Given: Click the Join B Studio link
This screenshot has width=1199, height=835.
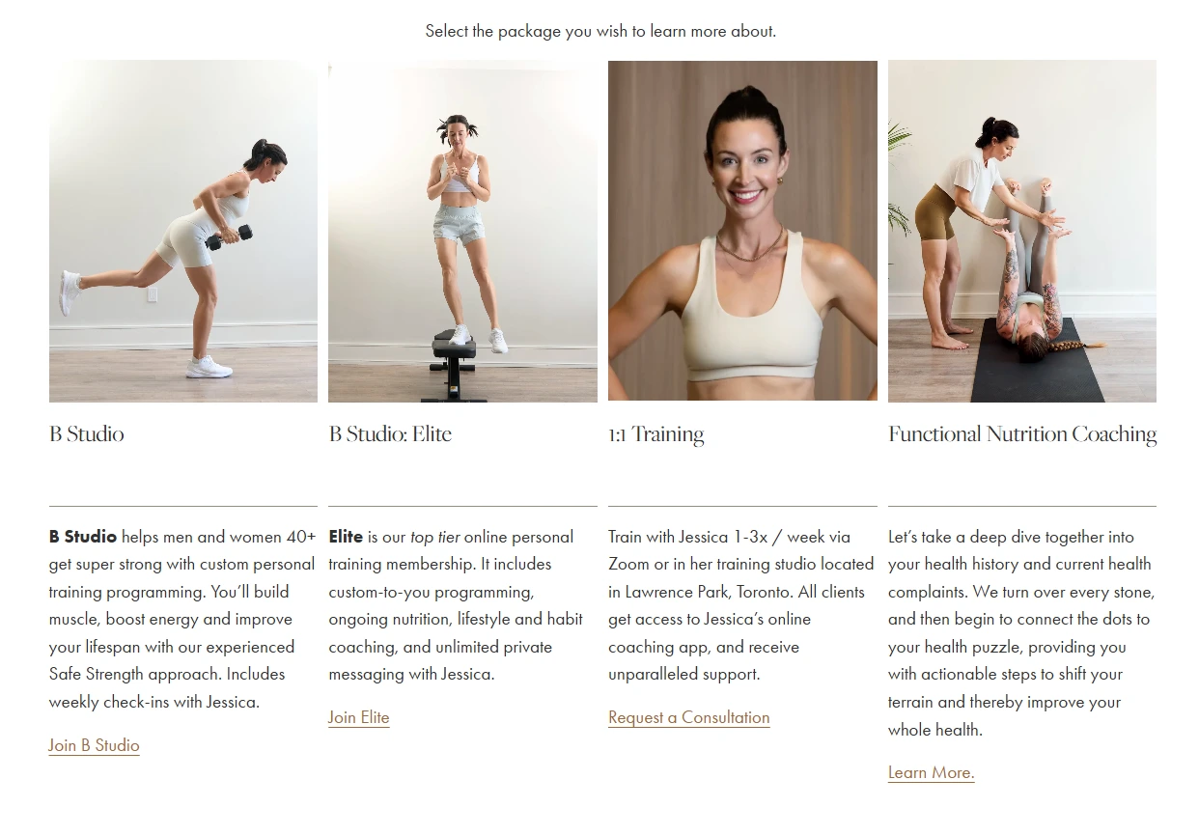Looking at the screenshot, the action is point(95,745).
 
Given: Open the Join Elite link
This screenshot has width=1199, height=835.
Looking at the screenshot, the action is point(358,717).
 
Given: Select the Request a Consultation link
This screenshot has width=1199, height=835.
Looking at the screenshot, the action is point(689,717).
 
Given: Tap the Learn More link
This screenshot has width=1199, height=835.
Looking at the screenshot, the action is point(932,772).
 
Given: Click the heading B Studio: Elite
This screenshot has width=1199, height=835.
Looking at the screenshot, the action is point(390,433).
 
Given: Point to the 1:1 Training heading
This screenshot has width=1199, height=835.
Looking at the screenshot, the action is point(656,434).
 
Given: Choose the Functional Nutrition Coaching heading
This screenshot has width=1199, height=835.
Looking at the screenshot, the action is point(1022,434).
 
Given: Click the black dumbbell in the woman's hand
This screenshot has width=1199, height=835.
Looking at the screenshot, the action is point(229,237).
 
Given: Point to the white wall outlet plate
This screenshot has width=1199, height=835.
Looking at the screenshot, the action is point(153,294).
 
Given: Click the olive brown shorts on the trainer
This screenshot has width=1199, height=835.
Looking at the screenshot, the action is point(934,212).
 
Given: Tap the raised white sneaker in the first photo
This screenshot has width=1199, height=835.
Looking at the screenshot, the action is point(70,292).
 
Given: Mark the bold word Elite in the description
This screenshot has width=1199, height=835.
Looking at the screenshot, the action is point(346,537).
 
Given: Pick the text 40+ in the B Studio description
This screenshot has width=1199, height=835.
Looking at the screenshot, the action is point(301,537).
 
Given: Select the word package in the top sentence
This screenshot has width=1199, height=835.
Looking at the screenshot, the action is point(529,32).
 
